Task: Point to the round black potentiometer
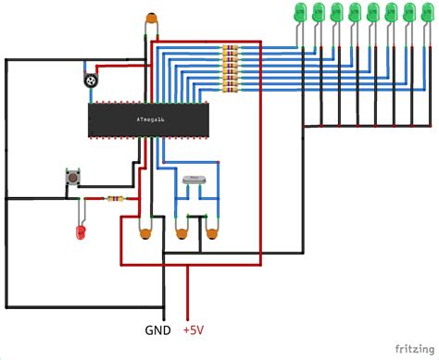[91, 81]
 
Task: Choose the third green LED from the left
[338, 13]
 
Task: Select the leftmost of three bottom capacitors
[145, 236]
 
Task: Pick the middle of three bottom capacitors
[182, 235]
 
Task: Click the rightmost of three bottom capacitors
[214, 235]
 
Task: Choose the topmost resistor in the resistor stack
[231, 48]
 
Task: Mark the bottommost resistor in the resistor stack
[231, 88]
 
